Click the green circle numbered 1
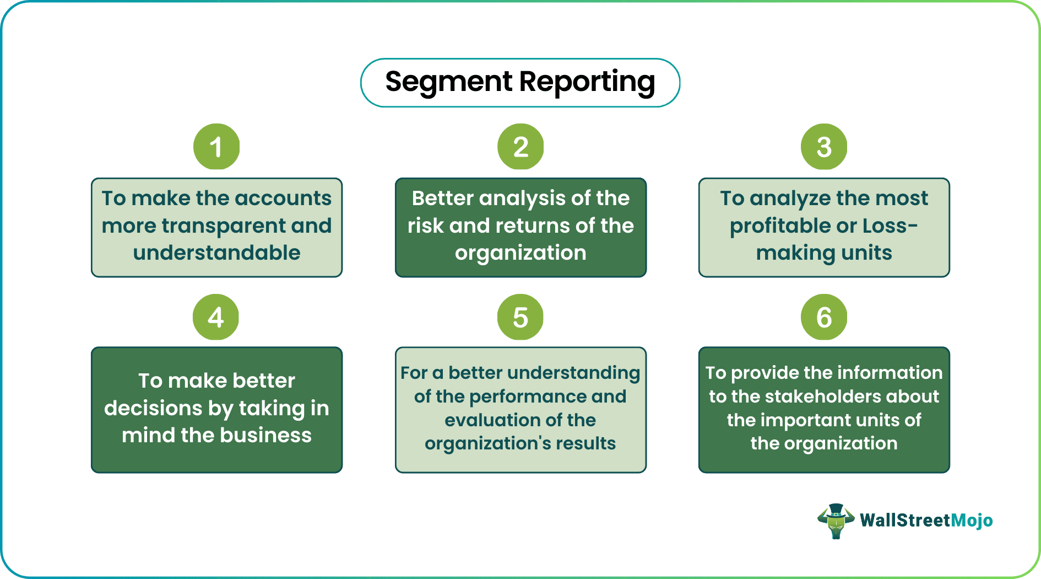click(216, 147)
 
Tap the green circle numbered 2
click(520, 147)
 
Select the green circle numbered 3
click(824, 147)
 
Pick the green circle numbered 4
click(216, 317)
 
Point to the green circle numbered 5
click(520, 317)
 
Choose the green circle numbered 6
click(824, 317)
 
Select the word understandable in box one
click(216, 253)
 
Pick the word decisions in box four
click(153, 408)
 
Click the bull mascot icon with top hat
click(836, 521)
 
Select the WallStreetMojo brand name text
click(926, 521)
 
